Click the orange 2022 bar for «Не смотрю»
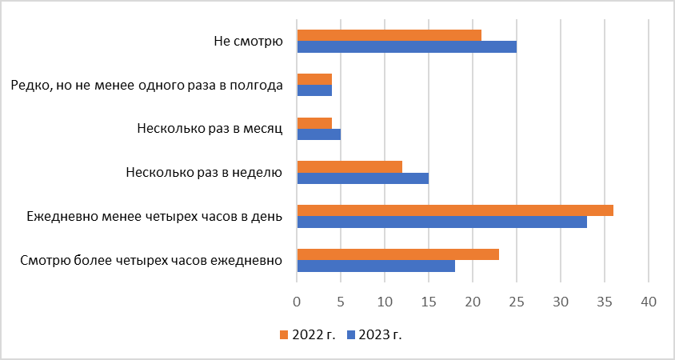pyautogui.click(x=389, y=35)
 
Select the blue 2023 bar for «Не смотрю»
pyautogui.click(x=407, y=46)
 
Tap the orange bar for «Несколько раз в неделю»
pyautogui.click(x=349, y=166)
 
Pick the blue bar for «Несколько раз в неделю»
pyautogui.click(x=363, y=178)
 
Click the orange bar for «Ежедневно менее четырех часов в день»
pyautogui.click(x=455, y=210)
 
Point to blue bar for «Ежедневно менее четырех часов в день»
pyautogui.click(x=442, y=222)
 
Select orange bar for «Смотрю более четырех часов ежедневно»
pyautogui.click(x=398, y=254)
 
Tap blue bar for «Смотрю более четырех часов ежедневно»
pyautogui.click(x=376, y=266)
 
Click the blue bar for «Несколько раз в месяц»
pyautogui.click(x=319, y=134)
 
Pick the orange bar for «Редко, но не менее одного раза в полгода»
pyautogui.click(x=314, y=79)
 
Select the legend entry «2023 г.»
pyautogui.click(x=373, y=334)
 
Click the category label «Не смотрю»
pyautogui.click(x=249, y=41)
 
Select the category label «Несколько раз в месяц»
pyautogui.click(x=210, y=128)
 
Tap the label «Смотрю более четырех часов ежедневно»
pyautogui.click(x=155, y=260)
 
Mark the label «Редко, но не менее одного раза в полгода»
pyautogui.click(x=147, y=85)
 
